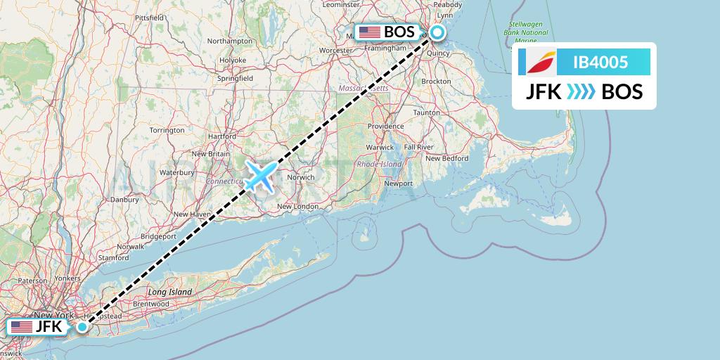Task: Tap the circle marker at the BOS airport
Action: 437,32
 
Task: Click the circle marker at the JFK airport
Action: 83,326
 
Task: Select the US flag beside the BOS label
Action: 369,32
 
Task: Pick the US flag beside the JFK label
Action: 22,326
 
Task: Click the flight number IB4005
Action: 600,63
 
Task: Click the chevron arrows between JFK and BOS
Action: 580,91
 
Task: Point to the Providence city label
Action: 385,126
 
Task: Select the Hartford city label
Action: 222,136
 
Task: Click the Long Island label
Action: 169,291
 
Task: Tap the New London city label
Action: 295,206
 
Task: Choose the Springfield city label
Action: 236,79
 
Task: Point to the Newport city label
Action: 398,183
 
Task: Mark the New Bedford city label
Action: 446,158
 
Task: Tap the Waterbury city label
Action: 176,172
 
